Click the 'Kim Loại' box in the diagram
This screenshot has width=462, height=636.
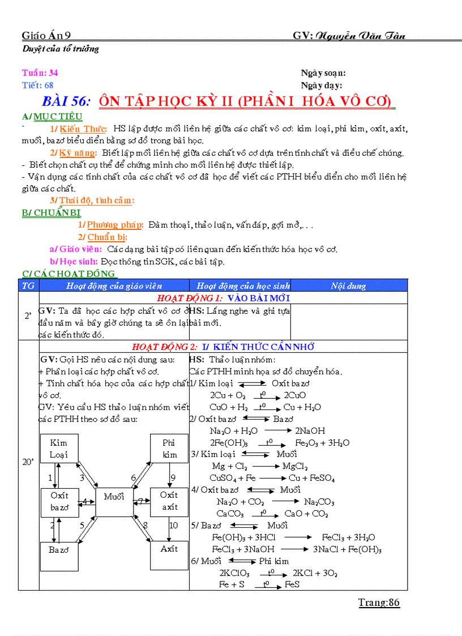click(x=59, y=449)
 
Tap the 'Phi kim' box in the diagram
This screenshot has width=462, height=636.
click(x=169, y=449)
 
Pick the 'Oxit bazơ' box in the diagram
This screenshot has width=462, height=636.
click(x=59, y=502)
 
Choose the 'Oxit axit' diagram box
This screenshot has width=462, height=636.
click(x=169, y=502)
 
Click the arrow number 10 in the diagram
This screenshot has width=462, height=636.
click(x=173, y=526)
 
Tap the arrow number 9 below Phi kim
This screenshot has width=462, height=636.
click(x=173, y=477)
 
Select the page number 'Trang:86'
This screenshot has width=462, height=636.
click(x=379, y=603)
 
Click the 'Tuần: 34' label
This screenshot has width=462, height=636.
click(x=40, y=72)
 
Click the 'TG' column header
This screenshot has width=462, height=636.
click(x=28, y=286)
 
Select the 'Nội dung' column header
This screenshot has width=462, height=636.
click(x=349, y=286)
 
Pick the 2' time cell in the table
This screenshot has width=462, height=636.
click(x=28, y=315)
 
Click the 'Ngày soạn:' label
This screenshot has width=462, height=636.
click(x=323, y=72)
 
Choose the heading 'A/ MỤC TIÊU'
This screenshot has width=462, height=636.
click(x=52, y=117)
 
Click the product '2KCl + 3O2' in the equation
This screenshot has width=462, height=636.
click(x=316, y=573)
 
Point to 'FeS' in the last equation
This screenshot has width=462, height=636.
click(x=292, y=584)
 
